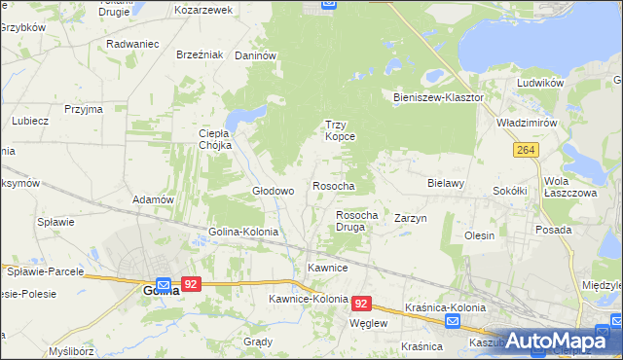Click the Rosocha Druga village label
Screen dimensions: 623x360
(x=356, y=221)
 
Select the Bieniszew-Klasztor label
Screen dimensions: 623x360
(x=438, y=98)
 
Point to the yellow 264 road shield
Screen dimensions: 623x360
(x=527, y=149)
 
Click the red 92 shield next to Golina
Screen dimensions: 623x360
(x=192, y=284)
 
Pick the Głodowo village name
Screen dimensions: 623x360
(x=274, y=191)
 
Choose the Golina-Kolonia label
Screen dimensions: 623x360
(x=243, y=233)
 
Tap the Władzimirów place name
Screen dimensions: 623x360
(x=526, y=125)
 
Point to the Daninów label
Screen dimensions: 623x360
(x=257, y=56)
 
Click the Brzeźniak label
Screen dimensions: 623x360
(x=201, y=54)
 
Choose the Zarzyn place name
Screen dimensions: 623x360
(x=411, y=219)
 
